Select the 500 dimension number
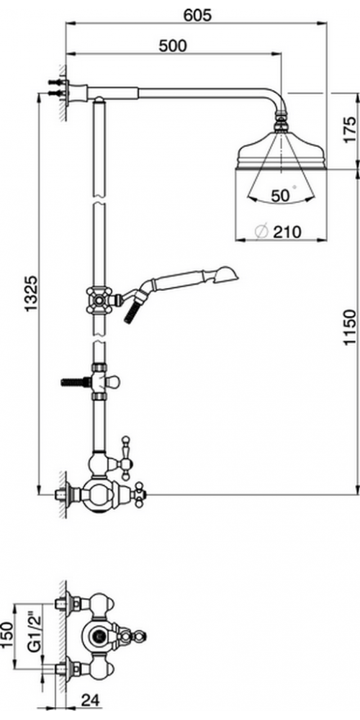173,46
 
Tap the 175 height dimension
349,130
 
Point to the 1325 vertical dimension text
31,294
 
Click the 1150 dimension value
349,327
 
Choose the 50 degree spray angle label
281,196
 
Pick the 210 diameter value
287,232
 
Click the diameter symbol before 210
261,232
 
